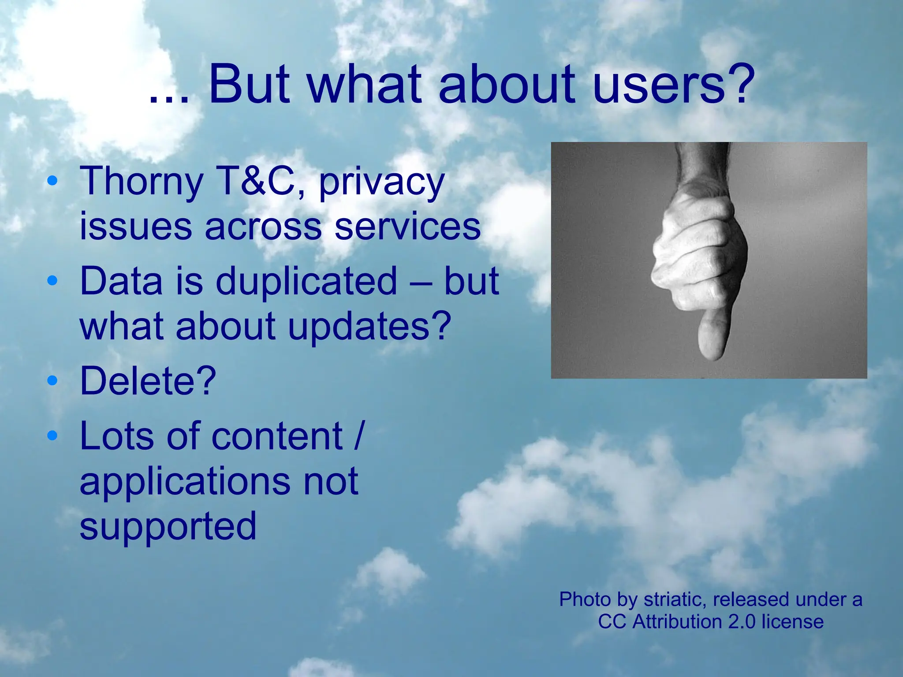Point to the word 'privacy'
(382, 183)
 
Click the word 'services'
(407, 227)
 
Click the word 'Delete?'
(148, 381)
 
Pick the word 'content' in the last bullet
(277, 436)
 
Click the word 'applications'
(185, 482)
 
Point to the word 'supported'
(168, 527)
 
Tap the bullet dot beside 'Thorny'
(52, 180)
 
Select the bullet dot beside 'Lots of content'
(52, 435)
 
